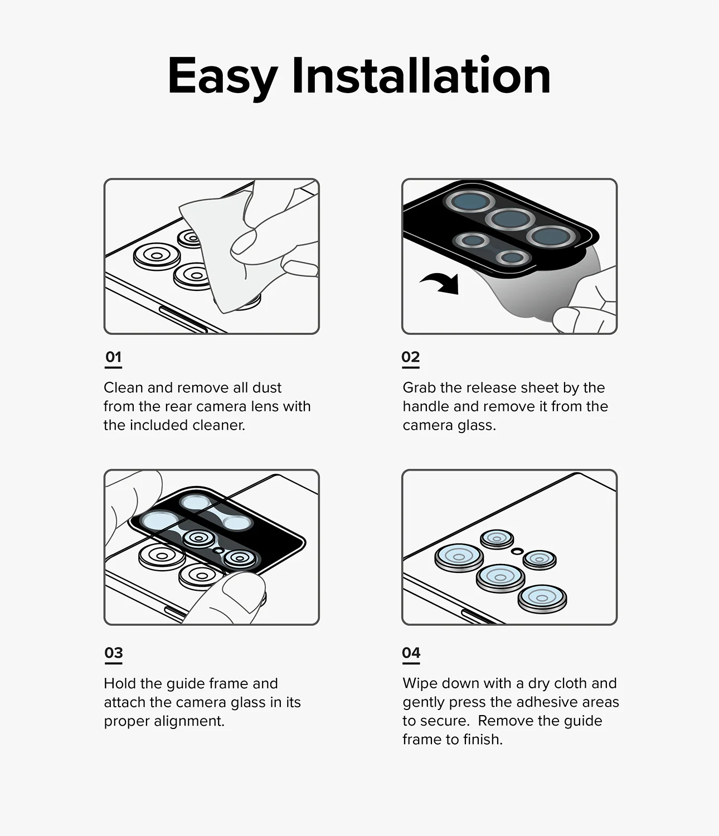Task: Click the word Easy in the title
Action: [222, 76]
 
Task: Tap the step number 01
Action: [113, 357]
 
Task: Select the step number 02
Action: [411, 357]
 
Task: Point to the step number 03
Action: [114, 653]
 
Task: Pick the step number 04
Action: [411, 653]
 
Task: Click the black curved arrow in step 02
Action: [441, 283]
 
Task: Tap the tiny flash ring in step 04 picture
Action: [517, 551]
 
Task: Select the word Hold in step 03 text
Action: [120, 684]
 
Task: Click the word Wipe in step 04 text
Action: [419, 684]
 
